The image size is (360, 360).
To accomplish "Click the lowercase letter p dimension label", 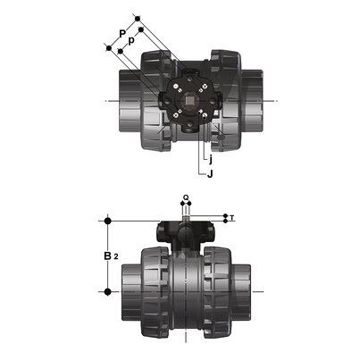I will pos(132,42).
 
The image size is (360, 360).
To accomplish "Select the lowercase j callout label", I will pos(208,157).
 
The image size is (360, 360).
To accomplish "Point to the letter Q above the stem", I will pos(185,198).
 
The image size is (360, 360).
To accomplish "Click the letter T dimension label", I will pos(232,217).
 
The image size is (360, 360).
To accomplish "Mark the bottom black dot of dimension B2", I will pos(108,291).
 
